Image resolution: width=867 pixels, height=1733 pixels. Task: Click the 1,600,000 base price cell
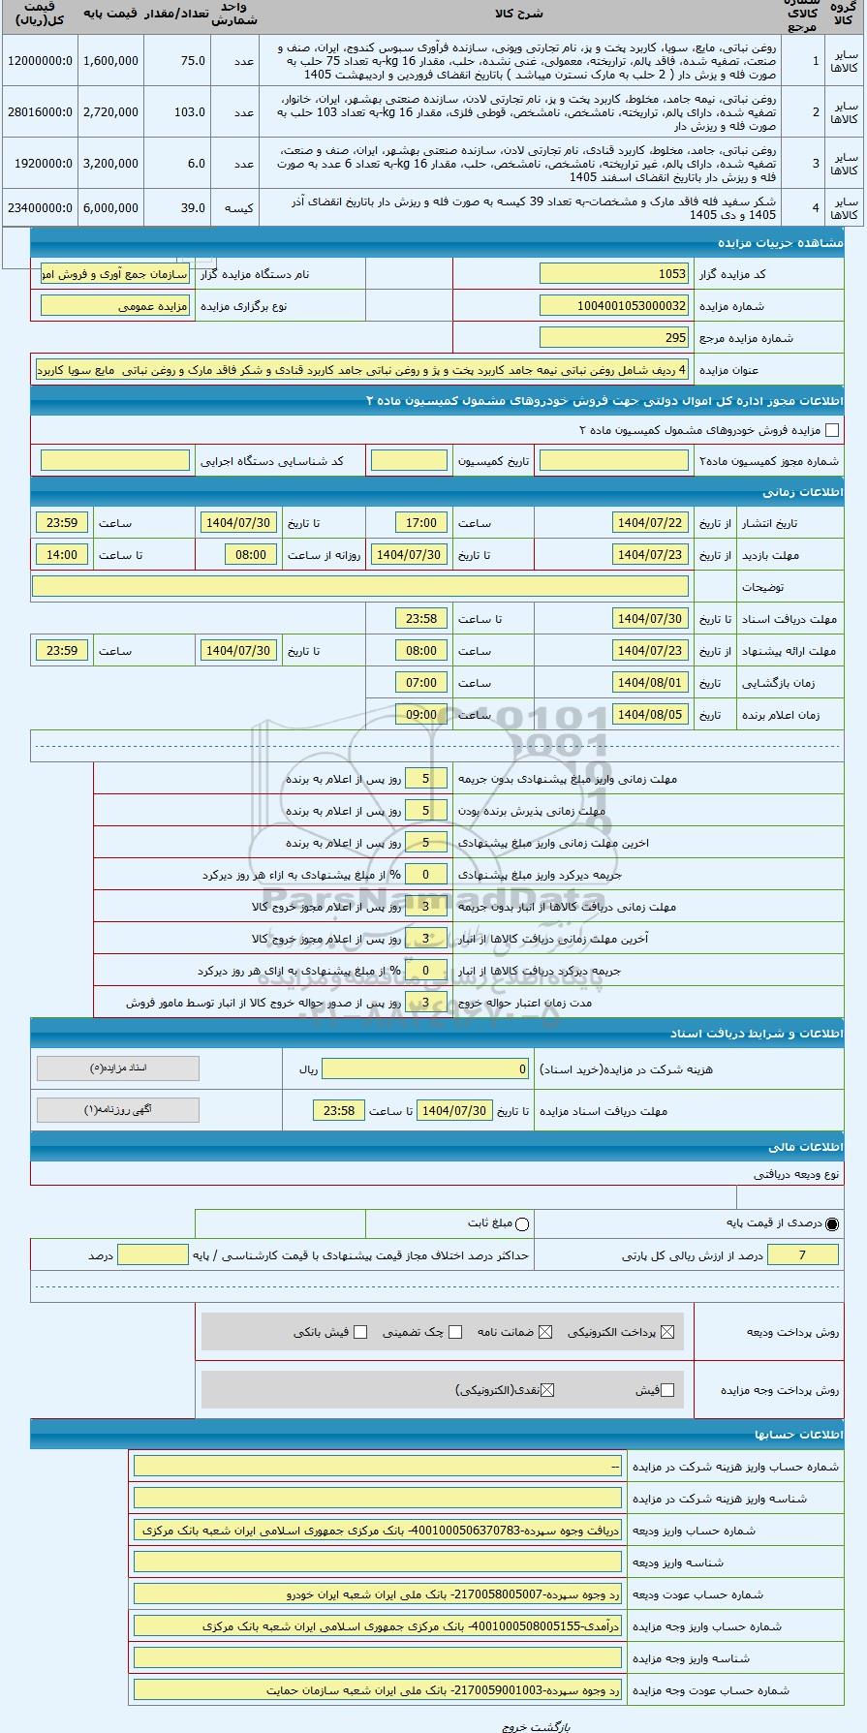110,61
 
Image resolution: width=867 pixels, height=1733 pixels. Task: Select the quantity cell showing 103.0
177,112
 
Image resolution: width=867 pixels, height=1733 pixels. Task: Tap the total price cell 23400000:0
39,208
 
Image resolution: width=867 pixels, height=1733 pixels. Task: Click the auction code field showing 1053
614,274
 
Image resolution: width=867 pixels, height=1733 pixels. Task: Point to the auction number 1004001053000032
614,306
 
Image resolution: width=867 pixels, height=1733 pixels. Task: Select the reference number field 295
614,338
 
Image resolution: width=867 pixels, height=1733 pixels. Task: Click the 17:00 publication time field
421,523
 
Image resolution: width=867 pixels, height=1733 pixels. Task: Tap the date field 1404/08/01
649,683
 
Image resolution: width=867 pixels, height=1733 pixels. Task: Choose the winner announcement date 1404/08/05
649,715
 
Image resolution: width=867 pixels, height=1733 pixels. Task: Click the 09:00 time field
421,715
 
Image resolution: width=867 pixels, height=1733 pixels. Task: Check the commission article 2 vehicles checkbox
831,430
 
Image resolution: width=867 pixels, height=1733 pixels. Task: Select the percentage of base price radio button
832,1224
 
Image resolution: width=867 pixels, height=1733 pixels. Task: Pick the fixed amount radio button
523,1224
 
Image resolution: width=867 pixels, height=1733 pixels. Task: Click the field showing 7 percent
802,1255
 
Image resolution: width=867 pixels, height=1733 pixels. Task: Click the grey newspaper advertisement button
117,1110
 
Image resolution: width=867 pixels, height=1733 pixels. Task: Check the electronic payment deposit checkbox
666,1332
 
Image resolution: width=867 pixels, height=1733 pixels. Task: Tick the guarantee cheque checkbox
455,1332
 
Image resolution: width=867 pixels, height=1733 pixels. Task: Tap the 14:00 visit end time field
62,555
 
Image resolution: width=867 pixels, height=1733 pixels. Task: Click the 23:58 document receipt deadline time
339,1110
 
